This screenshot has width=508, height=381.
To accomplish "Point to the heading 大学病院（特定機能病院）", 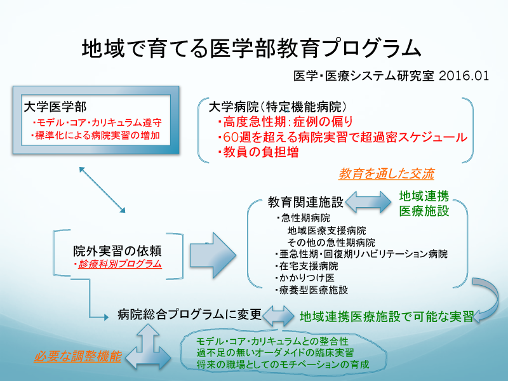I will click(277, 105).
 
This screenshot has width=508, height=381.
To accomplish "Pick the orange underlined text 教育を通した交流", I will click(387, 173).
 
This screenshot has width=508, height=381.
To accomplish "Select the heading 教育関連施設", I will click(305, 203).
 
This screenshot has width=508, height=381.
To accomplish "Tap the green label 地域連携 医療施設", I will click(424, 203).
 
